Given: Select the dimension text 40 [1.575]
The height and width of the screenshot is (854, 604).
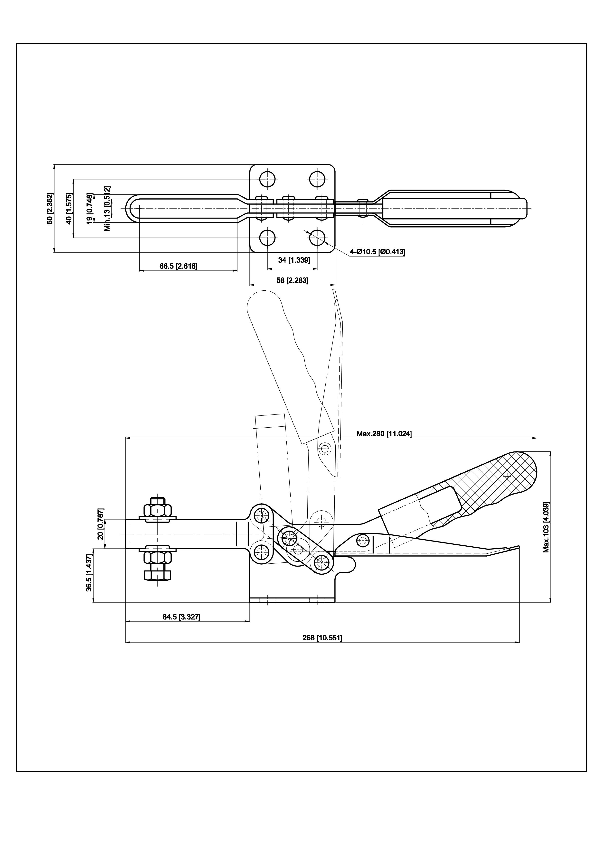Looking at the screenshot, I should (x=68, y=208).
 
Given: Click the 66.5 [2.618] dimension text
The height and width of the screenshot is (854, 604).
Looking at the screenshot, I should (x=179, y=266).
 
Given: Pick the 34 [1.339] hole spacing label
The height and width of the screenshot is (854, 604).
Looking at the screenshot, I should (x=294, y=260).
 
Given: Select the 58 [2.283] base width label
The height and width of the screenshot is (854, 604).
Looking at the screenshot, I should (x=292, y=280).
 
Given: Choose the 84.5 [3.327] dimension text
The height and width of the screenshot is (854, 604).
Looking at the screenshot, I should (x=181, y=617).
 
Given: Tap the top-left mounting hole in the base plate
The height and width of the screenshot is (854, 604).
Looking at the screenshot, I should (x=267, y=179).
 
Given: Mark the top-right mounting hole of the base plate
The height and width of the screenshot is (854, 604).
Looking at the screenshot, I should (x=317, y=179).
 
